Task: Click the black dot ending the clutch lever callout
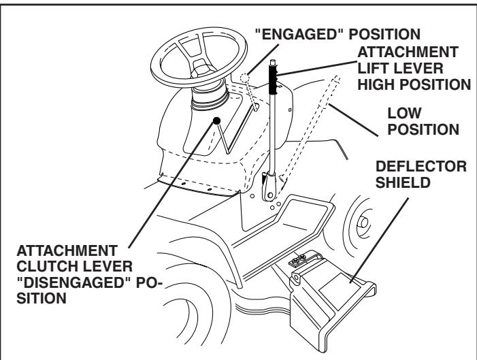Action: tap(217, 120)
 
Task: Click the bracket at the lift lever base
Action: tap(269, 184)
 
